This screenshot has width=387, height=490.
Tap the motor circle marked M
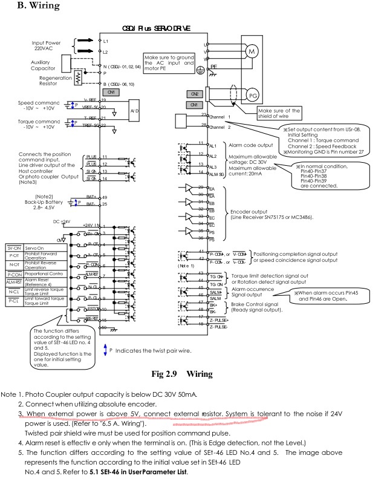pos(249,52)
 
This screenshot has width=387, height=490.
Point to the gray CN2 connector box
pos(195,94)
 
